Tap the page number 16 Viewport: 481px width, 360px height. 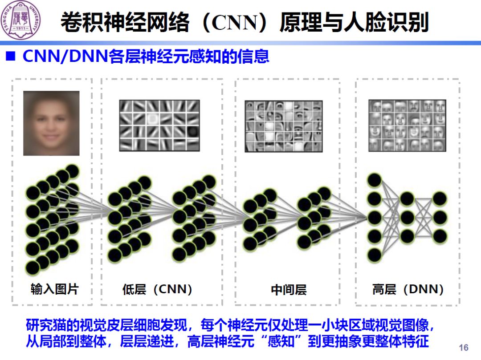[463, 347]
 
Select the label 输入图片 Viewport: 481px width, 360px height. [54, 289]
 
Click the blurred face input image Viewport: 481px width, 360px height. [51, 123]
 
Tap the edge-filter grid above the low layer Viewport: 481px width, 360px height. [159, 125]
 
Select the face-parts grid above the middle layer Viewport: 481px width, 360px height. [283, 126]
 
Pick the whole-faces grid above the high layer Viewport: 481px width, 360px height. [407, 125]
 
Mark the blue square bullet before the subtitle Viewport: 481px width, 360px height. [10, 57]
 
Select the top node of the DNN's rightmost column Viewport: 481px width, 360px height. [440, 198]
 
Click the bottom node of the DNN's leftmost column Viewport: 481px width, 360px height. [375, 255]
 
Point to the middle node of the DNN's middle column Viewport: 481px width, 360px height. [407, 217]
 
